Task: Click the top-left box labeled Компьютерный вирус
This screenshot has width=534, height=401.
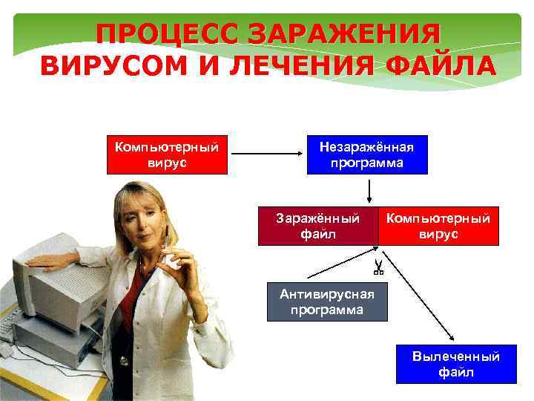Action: [x=167, y=154]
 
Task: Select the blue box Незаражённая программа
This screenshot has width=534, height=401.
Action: [x=367, y=154]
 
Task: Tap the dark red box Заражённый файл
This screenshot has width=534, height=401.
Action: [x=317, y=226]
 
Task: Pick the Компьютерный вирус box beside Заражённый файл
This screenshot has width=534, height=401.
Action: [x=438, y=226]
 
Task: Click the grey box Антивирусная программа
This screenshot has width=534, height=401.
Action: [x=327, y=301]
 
